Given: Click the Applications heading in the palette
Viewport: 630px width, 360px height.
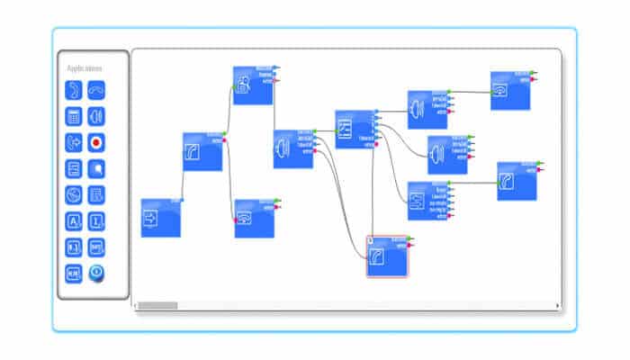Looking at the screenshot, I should [84, 68].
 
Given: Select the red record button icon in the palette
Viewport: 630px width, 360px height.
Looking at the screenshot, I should [96, 141].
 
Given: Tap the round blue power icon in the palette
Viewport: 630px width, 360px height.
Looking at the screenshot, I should [96, 273].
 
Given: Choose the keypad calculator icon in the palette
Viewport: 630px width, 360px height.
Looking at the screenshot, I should [73, 115].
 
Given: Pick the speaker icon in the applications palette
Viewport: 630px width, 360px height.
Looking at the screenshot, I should [96, 115].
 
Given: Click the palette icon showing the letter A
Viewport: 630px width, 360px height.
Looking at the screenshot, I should [73, 220].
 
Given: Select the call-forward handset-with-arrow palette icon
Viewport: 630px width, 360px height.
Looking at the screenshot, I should [73, 141].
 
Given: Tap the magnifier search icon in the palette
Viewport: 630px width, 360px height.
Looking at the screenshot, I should [96, 168].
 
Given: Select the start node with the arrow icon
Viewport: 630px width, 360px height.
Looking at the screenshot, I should [161, 218].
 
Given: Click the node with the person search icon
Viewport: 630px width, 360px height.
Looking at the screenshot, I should [253, 85].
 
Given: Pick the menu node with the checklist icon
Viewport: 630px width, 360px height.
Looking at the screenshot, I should [353, 129].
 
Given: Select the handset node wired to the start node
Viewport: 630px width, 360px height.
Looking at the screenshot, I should [202, 151].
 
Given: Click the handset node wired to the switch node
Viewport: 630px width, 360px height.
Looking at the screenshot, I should [516, 181].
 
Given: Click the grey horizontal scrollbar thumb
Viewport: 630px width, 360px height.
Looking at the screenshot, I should [157, 306].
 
